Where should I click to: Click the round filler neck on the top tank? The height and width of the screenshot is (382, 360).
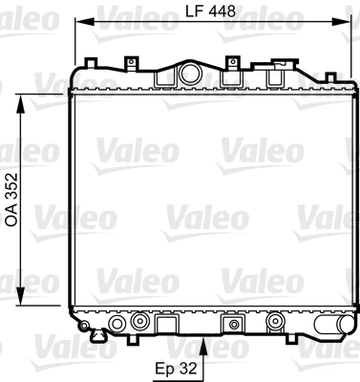188,74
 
